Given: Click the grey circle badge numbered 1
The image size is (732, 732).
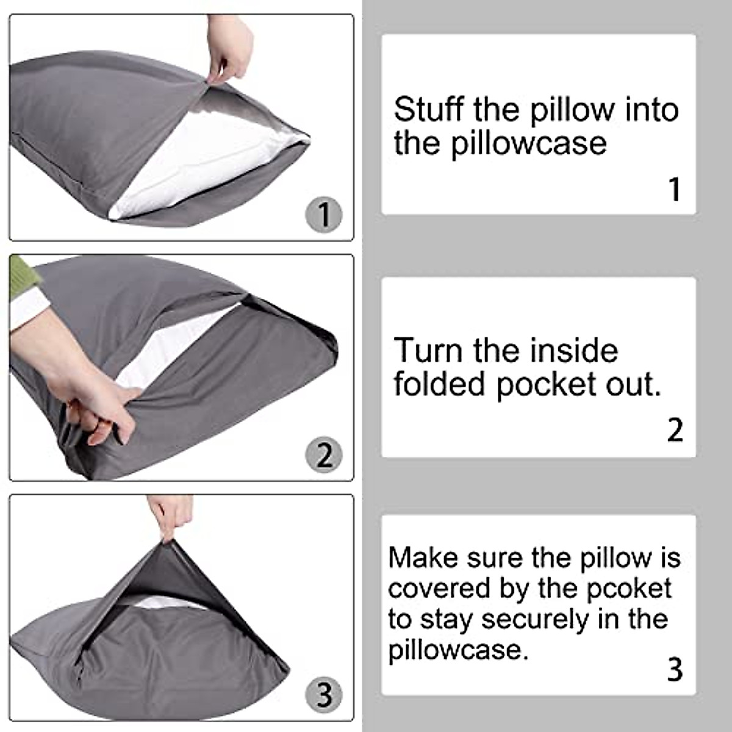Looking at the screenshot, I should [323, 215].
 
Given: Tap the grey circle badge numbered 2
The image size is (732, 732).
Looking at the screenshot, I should [323, 455].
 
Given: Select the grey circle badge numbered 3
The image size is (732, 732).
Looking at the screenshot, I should [323, 695].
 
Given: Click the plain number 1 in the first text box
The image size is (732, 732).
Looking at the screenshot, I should [674, 189].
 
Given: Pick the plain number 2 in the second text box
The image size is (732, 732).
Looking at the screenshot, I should [675, 430].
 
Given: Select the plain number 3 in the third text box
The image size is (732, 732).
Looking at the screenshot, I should [675, 670].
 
